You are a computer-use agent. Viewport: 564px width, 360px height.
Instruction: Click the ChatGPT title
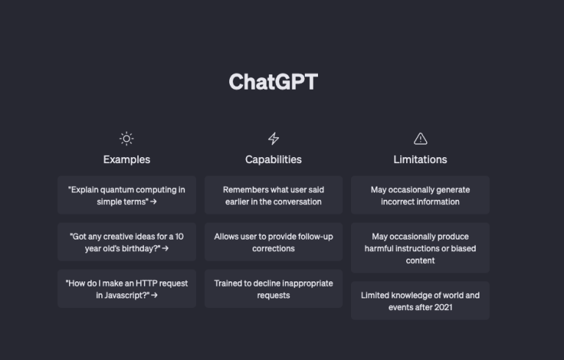click(273, 82)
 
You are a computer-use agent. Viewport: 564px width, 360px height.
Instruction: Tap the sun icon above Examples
click(126, 139)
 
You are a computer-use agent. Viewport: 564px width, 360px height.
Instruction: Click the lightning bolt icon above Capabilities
click(273, 139)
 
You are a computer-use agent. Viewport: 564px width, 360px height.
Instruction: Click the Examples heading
click(126, 159)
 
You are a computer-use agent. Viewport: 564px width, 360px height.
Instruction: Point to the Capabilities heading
click(273, 159)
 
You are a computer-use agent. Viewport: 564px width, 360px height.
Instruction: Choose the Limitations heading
click(420, 159)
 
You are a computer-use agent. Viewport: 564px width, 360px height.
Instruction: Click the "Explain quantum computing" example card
click(126, 195)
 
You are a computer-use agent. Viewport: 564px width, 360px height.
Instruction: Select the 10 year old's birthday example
click(126, 242)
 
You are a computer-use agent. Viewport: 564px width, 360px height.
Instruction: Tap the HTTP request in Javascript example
click(126, 289)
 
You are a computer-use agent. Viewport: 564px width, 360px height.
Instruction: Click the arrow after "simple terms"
click(153, 201)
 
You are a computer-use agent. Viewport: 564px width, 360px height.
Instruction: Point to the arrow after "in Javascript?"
click(154, 295)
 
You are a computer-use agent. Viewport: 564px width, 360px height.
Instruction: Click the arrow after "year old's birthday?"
click(165, 248)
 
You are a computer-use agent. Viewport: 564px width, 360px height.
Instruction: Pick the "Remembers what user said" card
click(273, 195)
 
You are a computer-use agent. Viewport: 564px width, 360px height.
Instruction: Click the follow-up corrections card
click(273, 242)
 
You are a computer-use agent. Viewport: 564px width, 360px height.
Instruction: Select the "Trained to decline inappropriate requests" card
click(273, 289)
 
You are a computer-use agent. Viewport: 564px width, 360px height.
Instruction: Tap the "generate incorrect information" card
click(420, 195)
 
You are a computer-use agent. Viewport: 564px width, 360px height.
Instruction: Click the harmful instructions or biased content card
click(420, 248)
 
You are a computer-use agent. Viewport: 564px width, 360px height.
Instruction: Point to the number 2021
click(443, 307)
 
